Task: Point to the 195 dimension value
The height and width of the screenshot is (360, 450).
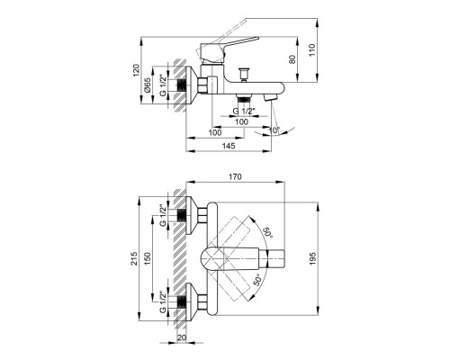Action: pos(313,261)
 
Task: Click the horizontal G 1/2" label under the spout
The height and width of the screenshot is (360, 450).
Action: pos(244,110)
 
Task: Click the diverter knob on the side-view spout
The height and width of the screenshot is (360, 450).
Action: pos(241,71)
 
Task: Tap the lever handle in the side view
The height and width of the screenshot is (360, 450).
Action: pos(236,41)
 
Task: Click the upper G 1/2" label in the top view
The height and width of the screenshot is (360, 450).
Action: pos(162,215)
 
